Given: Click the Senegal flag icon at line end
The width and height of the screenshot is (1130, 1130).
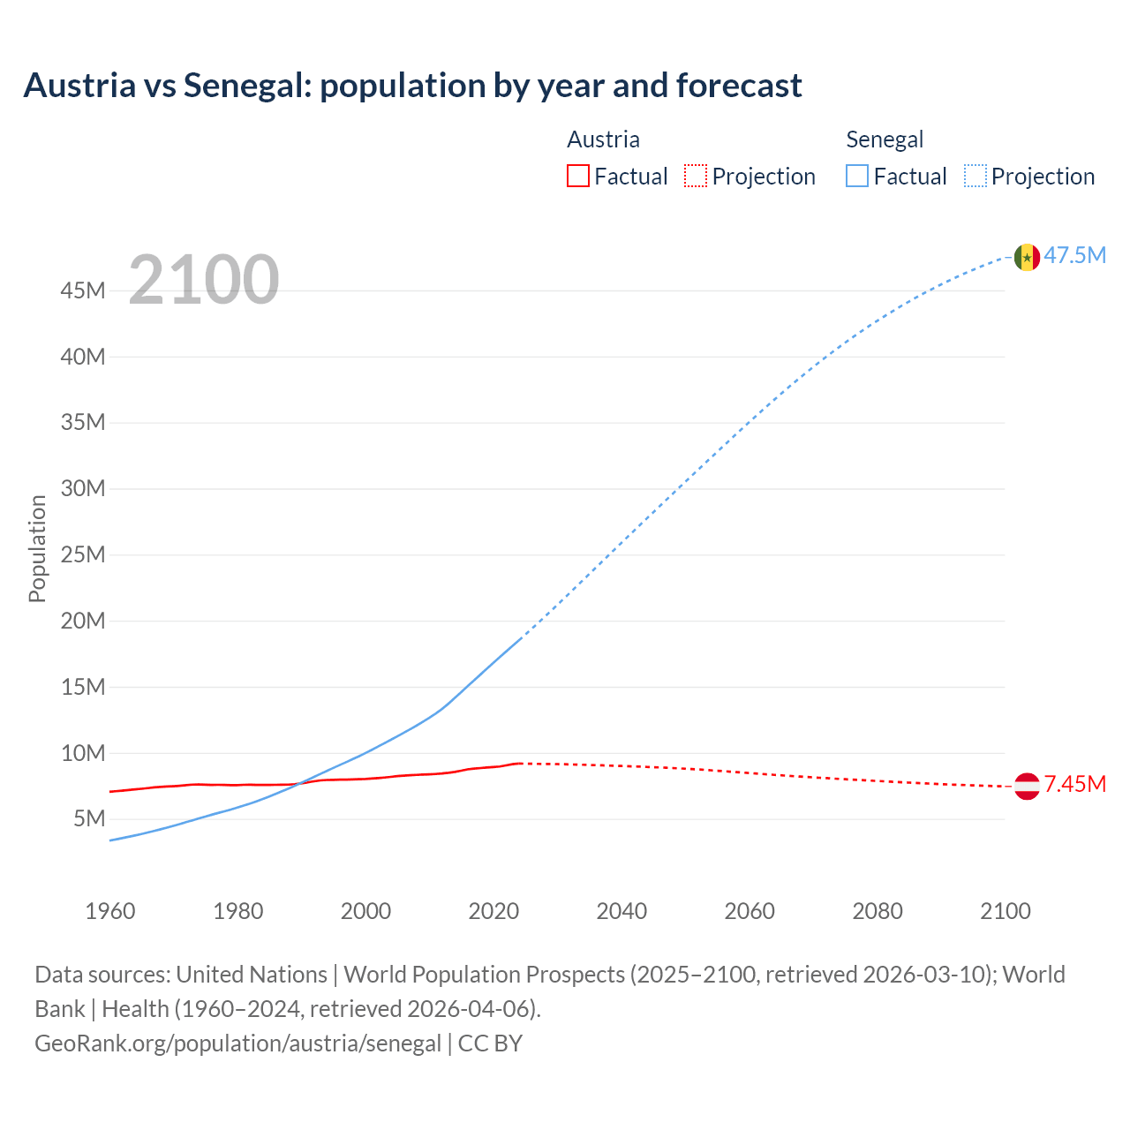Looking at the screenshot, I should point(1026,257).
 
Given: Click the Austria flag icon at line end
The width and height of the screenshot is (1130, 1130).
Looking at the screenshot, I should point(1026,786).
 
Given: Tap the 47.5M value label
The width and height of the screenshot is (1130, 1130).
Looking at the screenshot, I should point(1074,256).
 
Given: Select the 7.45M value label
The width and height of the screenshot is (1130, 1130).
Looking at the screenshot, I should point(1074,785).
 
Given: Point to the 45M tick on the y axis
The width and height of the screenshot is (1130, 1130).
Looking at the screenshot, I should point(83,290).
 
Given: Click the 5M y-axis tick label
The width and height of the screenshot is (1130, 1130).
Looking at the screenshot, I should point(89,819).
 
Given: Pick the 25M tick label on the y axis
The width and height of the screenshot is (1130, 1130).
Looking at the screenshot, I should point(83,555).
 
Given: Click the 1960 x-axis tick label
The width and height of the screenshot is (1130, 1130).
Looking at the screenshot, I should point(110,911).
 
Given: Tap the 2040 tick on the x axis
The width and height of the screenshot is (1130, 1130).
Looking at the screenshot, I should point(621,911).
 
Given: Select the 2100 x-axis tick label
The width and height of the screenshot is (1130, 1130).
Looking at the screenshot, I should point(1005,911).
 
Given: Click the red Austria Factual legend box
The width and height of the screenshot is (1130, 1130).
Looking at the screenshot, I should point(577,177).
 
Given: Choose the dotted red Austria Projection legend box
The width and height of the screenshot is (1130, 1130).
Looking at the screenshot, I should point(696,177).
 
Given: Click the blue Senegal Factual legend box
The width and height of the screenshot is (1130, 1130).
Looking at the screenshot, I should point(856,177).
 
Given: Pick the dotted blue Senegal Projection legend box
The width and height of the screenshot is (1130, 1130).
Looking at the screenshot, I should point(975,177).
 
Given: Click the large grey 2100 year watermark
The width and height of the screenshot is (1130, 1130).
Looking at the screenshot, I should point(204,280).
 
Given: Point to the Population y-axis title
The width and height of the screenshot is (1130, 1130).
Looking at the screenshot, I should point(37,548).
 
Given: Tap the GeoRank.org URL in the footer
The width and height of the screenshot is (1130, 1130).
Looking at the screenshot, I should point(237,1043).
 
